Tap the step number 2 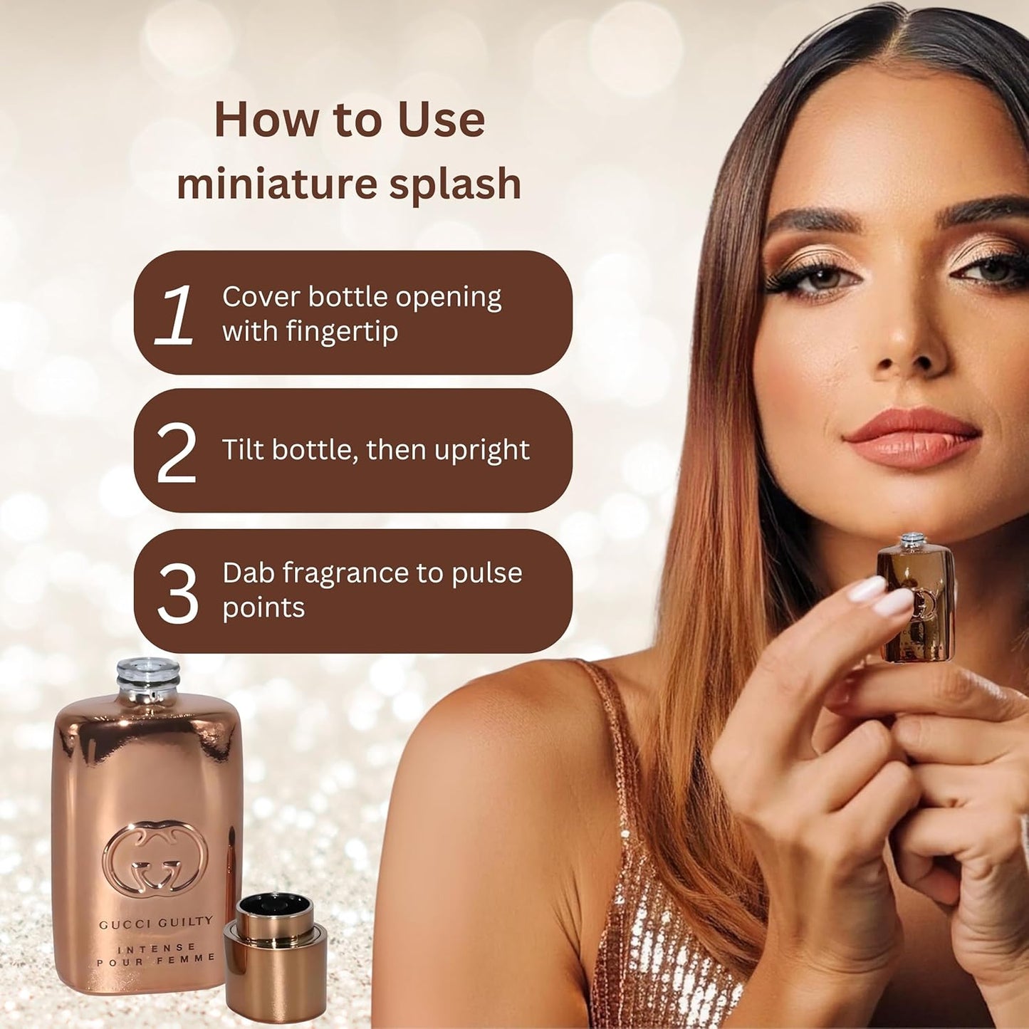point(177,453)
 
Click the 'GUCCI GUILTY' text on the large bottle point(155,923)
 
